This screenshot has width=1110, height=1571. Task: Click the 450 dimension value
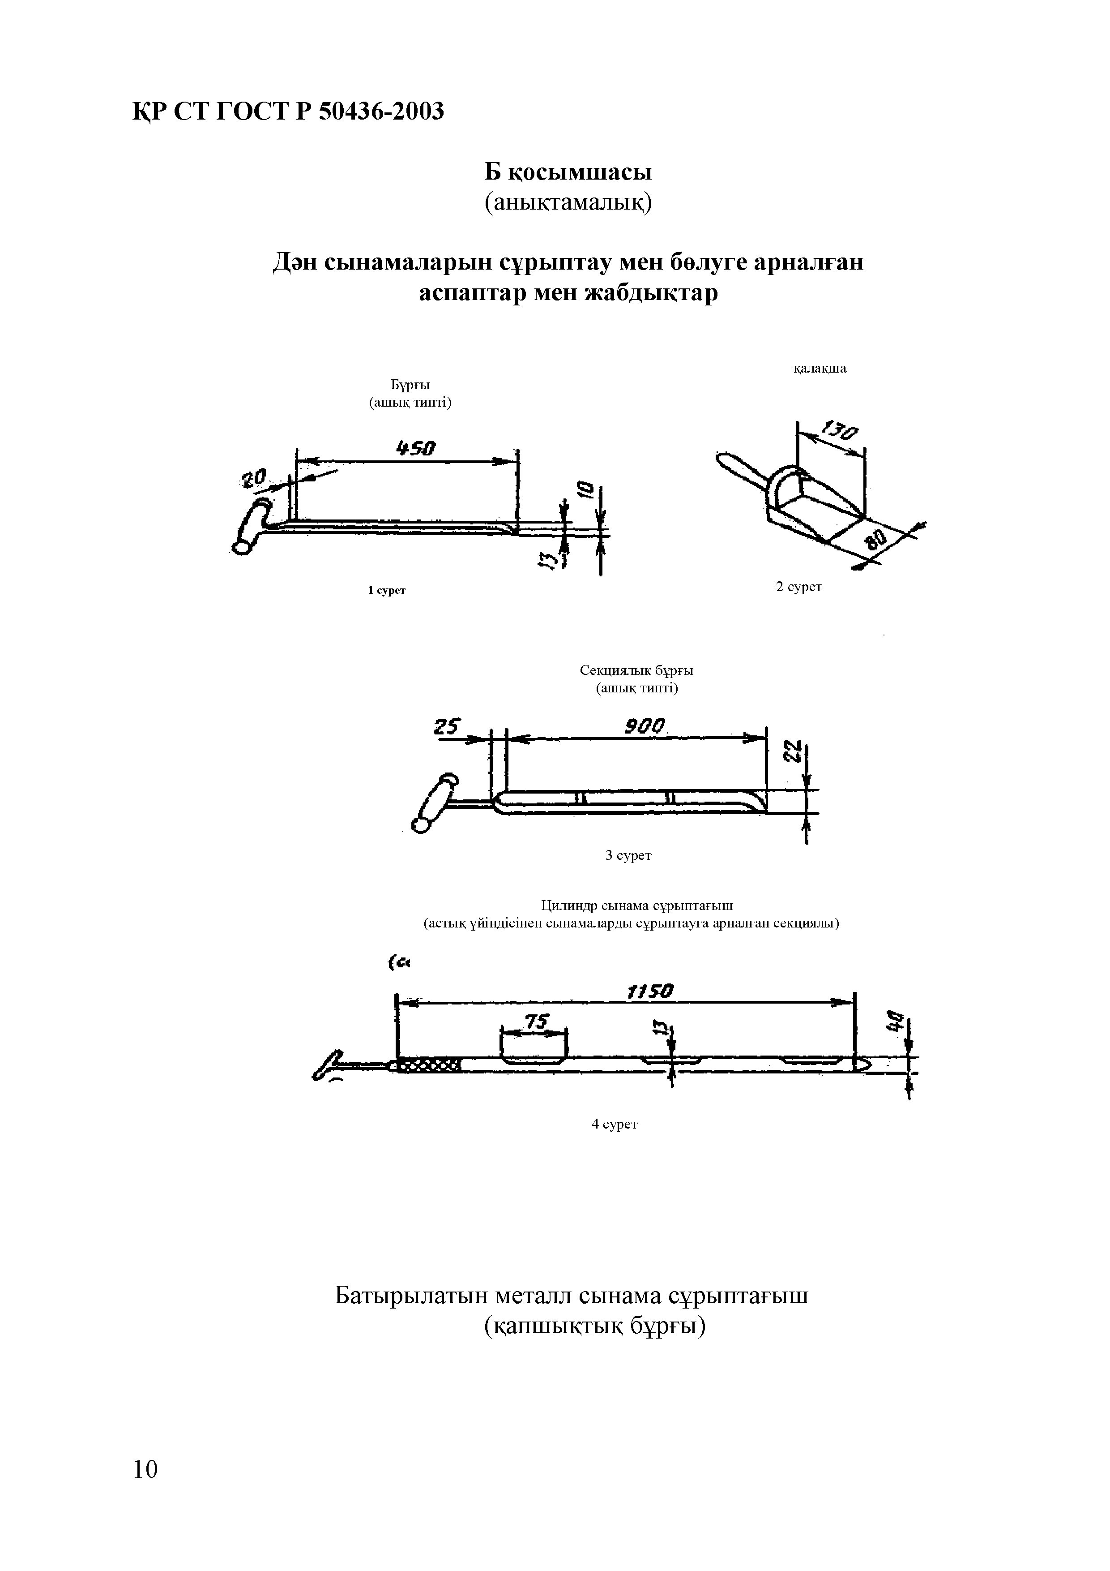tap(416, 449)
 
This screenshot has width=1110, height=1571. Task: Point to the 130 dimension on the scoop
tap(840, 433)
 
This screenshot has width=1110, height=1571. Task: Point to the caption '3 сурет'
tap(628, 855)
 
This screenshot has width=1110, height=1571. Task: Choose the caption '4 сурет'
tap(614, 1124)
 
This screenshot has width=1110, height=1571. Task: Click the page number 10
tap(145, 1469)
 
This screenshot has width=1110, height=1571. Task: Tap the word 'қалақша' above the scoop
tap(820, 369)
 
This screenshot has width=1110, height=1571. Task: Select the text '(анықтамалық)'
tap(568, 203)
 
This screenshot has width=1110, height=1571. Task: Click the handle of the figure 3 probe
tap(435, 802)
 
